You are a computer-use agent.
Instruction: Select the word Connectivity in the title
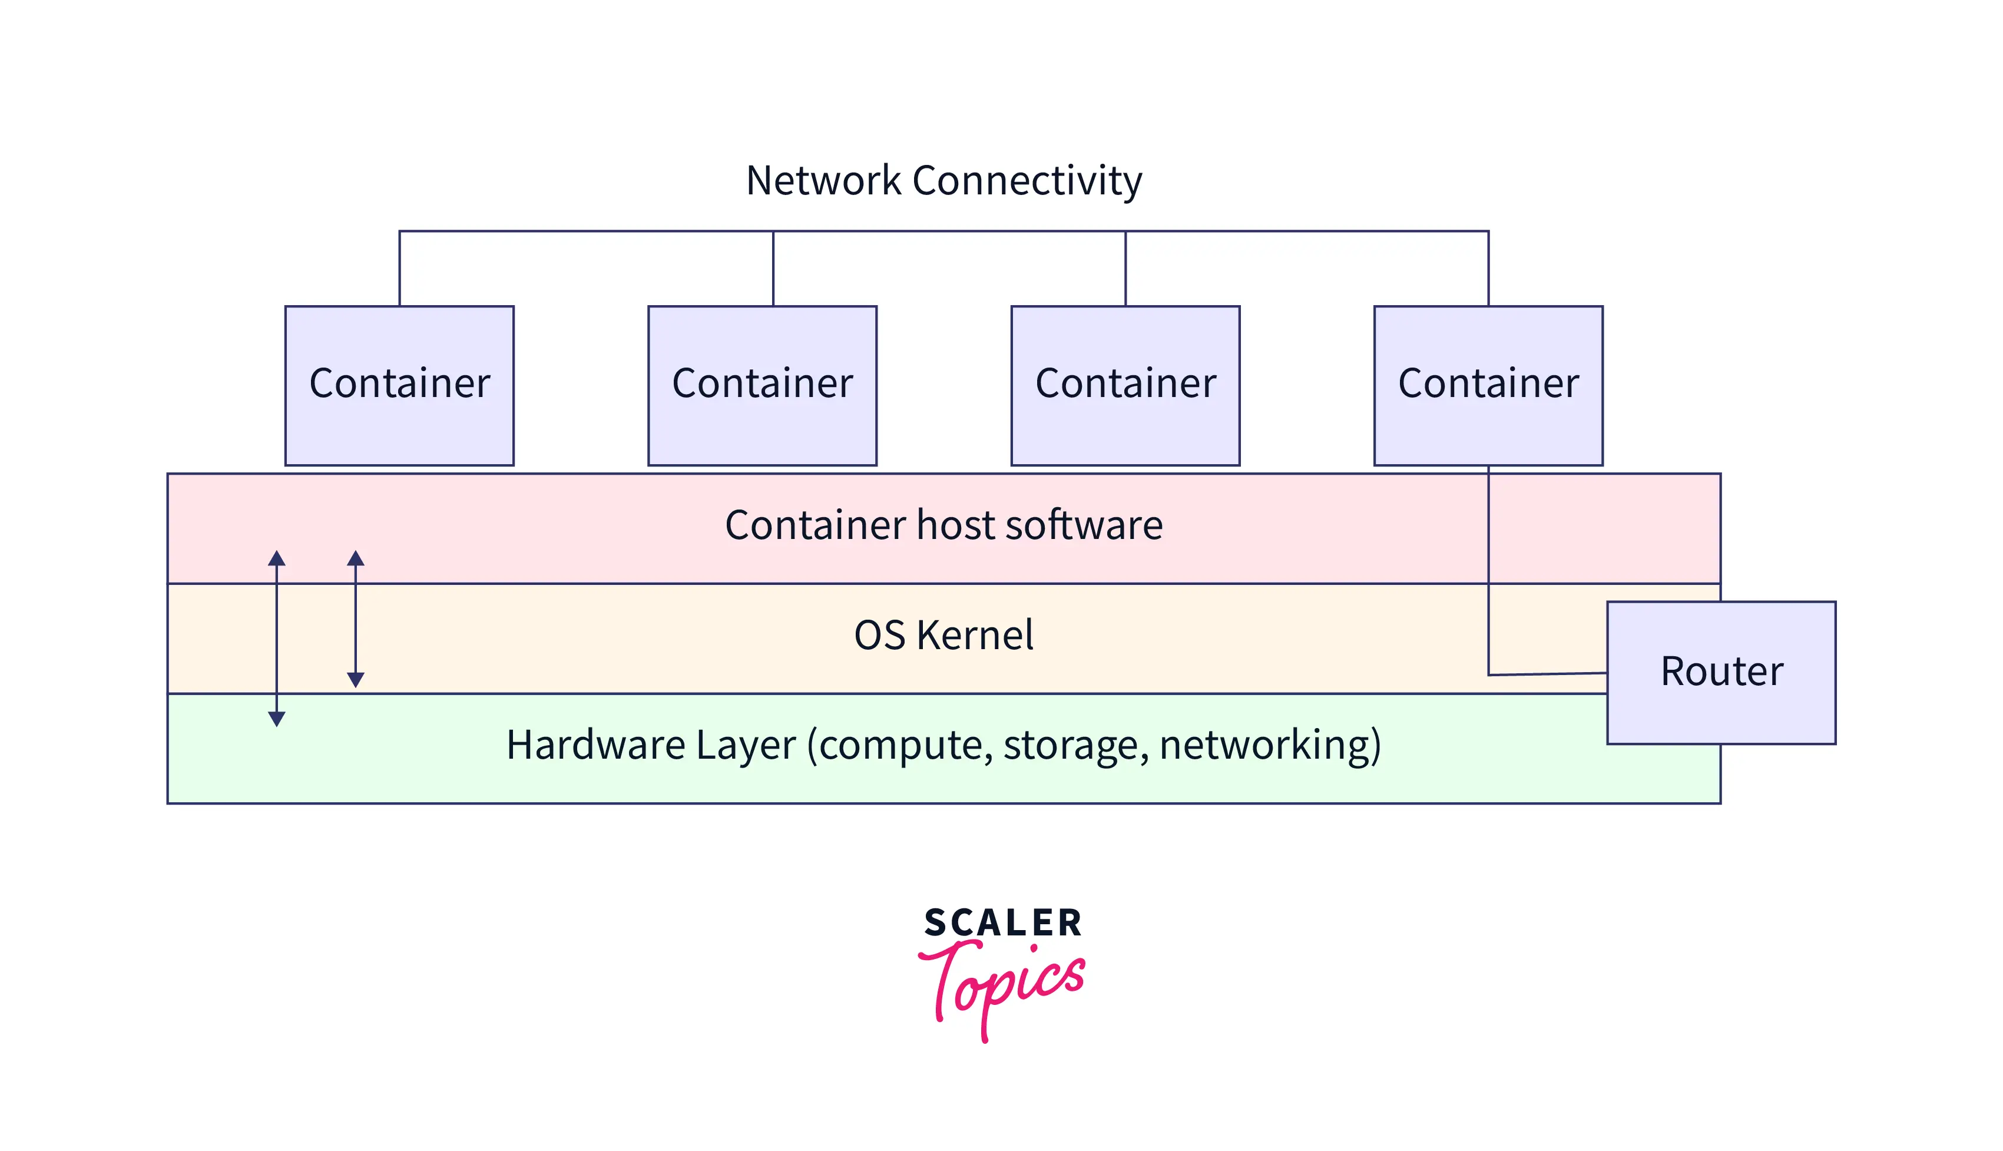[1027, 181]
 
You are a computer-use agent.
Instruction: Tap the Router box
[1721, 672]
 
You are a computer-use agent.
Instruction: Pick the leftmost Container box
[399, 385]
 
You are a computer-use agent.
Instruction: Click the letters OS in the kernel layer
[879, 635]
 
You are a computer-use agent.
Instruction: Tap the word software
[1083, 525]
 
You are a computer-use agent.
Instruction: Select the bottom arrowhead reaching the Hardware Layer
[277, 719]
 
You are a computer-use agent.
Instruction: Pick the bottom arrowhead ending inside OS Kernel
[356, 680]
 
